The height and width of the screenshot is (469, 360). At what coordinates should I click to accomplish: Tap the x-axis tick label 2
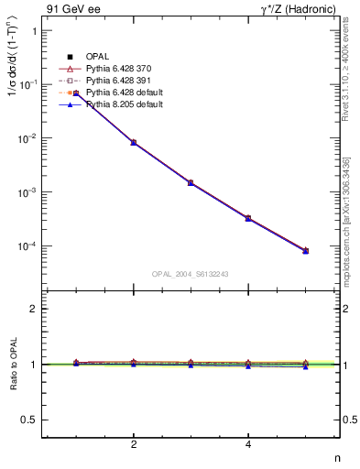click(134, 445)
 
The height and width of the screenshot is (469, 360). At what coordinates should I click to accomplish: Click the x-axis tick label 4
click(248, 445)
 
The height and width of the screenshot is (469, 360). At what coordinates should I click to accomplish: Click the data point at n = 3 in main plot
click(191, 183)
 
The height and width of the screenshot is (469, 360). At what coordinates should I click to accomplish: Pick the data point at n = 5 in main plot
click(305, 250)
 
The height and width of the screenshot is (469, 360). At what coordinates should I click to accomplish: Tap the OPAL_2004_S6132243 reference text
click(191, 274)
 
